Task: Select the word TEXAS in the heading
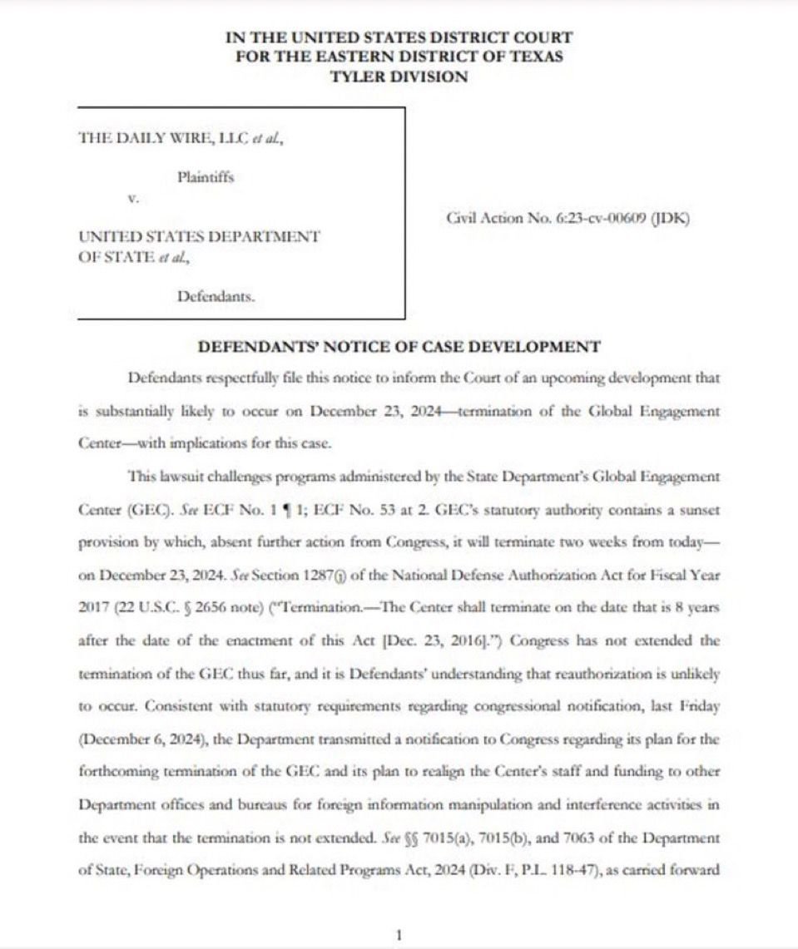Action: click(x=533, y=57)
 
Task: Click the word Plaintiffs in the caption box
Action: click(x=206, y=177)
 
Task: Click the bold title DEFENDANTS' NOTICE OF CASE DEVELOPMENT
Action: click(x=398, y=347)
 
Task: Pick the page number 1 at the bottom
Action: click(x=399, y=935)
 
